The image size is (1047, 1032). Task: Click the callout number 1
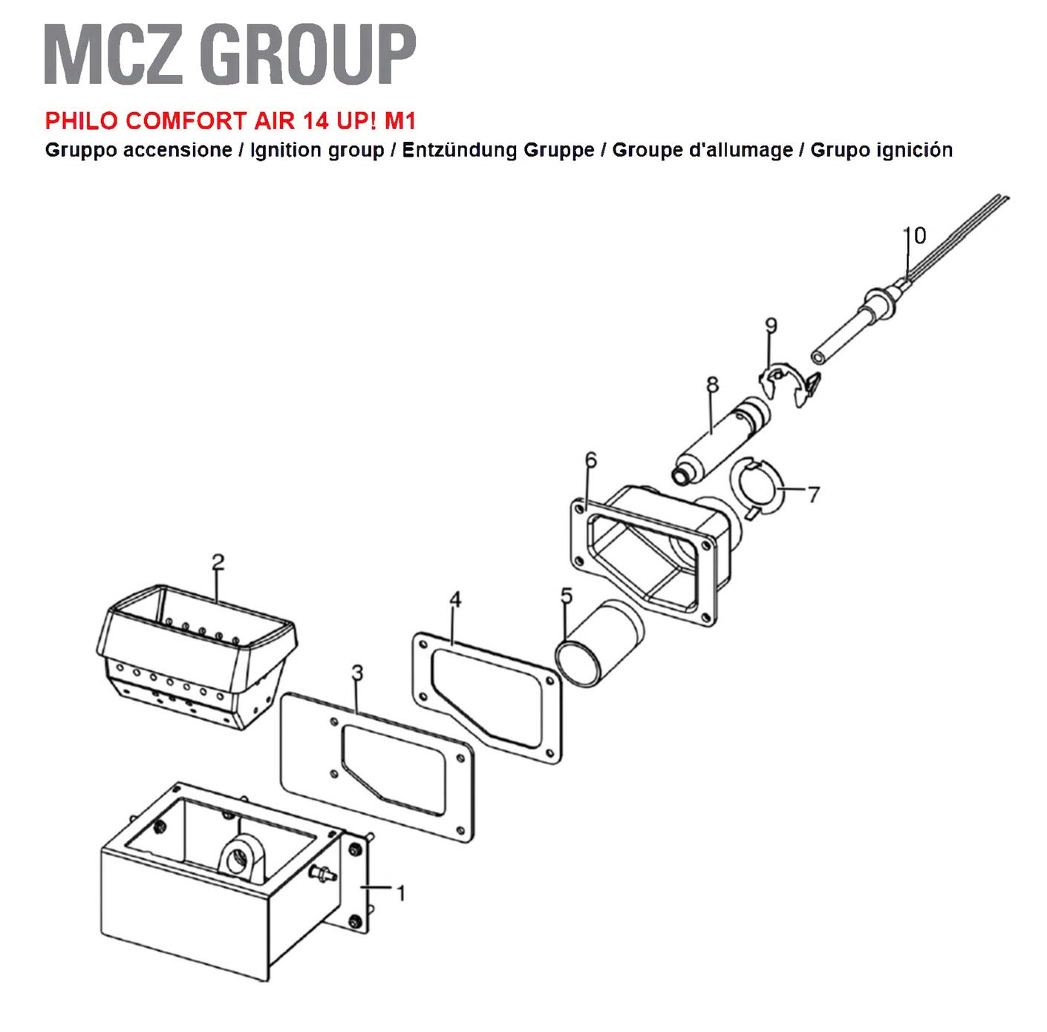pos(401,893)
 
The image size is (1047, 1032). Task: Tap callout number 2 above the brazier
pos(218,562)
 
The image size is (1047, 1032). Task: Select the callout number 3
pos(357,673)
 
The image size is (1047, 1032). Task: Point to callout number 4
pos(455,600)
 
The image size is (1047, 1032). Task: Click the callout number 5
pos(567,596)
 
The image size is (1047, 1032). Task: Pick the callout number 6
pos(591,460)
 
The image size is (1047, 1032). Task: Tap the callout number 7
pos(813,494)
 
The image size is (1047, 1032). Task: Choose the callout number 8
pos(712,385)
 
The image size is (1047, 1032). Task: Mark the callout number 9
pos(771,325)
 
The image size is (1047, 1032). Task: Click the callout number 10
pos(914,235)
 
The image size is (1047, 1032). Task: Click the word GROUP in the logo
pos(307,54)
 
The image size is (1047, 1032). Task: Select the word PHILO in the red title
pos(82,120)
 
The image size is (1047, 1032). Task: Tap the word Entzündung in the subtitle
pos(460,149)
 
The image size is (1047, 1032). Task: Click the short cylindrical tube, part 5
pos(599,643)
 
